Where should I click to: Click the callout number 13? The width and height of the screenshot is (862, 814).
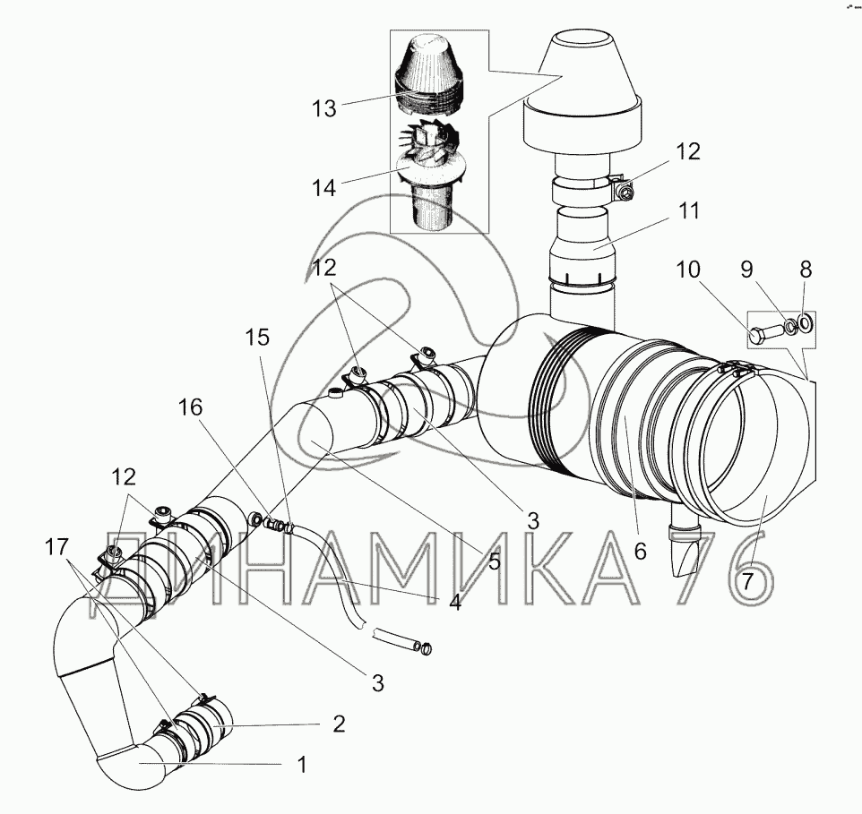(x=323, y=108)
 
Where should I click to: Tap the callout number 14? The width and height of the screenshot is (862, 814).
(x=323, y=188)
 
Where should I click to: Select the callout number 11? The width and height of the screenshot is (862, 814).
(x=688, y=211)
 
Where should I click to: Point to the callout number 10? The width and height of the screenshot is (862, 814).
(x=688, y=270)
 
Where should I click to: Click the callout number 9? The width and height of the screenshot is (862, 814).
(x=746, y=270)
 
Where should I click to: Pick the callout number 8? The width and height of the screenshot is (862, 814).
(x=806, y=270)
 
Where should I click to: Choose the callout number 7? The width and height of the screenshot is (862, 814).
(x=746, y=582)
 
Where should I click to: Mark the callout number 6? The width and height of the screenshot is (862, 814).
(x=640, y=551)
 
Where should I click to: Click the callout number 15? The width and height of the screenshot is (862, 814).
(x=257, y=338)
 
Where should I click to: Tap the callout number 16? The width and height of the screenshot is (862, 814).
(x=190, y=407)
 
